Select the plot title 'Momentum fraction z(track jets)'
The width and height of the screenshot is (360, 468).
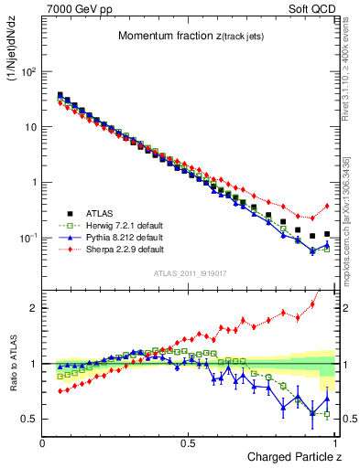[x=187, y=36]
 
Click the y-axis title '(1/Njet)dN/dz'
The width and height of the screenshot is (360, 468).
[x=14, y=54]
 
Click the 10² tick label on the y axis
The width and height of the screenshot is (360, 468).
[x=29, y=71]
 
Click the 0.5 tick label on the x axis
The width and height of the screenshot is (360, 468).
[x=188, y=443]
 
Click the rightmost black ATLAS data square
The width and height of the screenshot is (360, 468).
[x=327, y=233]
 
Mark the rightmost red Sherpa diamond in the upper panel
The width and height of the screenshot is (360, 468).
[x=327, y=206]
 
